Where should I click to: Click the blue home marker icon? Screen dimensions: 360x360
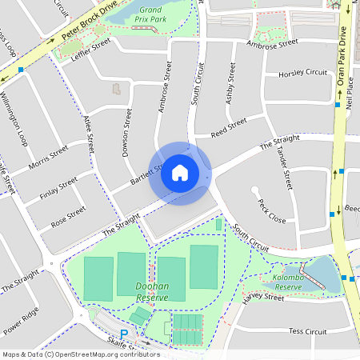point(180,173)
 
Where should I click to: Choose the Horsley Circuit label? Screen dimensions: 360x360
point(303,73)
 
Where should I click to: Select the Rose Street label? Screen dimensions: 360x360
point(68,216)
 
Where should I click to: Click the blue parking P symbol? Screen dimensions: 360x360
point(123,334)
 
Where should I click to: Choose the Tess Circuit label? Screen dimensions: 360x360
point(307,330)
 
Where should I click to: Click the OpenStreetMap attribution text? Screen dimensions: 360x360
point(80,354)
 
